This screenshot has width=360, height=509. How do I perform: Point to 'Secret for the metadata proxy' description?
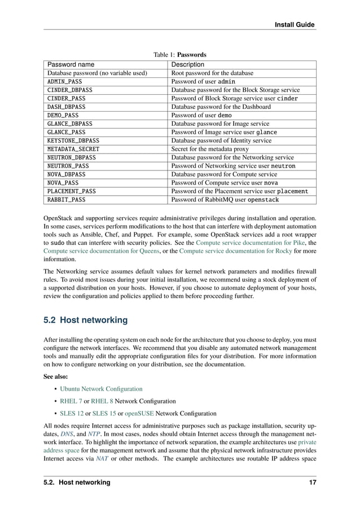coord(210,149)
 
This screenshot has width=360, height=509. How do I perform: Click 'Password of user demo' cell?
coord(201,115)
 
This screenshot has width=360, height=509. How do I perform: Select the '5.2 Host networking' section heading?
coord(85,321)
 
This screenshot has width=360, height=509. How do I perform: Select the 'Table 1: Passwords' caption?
coord(180,55)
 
